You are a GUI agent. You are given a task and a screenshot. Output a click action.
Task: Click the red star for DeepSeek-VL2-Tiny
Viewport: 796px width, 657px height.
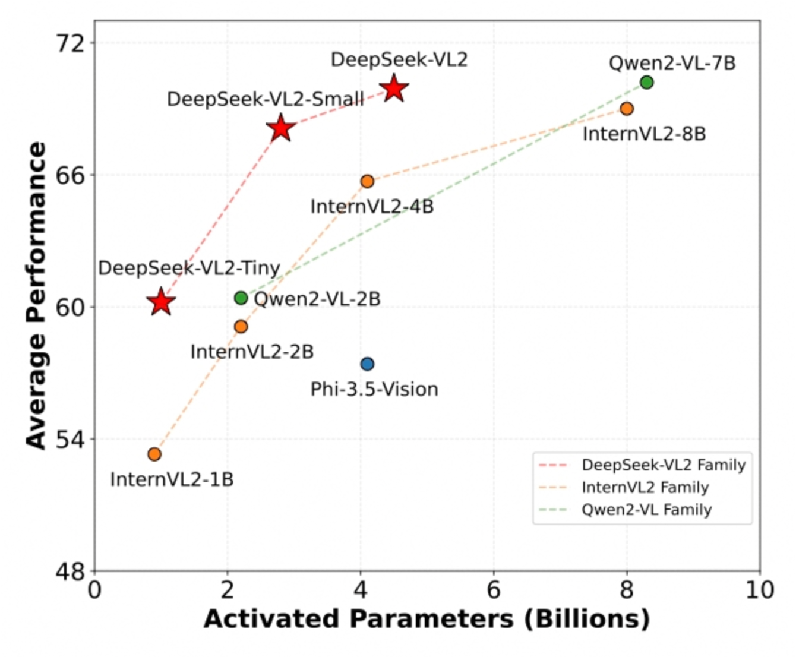point(160,302)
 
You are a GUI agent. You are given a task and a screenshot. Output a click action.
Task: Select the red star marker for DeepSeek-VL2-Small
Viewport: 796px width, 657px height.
point(281,128)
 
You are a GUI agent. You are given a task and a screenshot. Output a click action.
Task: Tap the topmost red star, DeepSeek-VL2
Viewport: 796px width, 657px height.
point(394,89)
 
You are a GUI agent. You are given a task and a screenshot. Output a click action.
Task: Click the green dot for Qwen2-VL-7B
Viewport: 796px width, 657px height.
point(647,82)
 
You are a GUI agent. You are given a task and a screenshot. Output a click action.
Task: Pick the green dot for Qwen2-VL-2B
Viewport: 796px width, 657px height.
point(241,298)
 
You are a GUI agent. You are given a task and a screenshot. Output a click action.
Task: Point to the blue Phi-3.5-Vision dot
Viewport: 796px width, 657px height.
point(367,364)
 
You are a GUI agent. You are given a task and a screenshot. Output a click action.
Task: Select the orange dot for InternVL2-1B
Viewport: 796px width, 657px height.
point(154,454)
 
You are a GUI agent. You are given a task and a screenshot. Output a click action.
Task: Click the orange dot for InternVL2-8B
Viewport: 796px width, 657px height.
point(627,108)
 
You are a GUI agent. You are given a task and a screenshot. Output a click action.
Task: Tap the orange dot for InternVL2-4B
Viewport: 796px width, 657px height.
point(367,181)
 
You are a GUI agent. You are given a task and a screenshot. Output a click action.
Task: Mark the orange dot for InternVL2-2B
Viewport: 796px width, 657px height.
point(241,326)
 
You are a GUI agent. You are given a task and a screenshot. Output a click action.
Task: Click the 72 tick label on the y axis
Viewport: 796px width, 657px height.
point(70,43)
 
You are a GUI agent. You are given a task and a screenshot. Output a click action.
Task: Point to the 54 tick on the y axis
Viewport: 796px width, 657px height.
point(70,440)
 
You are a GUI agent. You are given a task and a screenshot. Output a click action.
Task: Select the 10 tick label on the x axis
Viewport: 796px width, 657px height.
point(760,590)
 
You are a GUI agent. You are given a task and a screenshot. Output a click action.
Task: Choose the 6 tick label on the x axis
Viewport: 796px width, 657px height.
point(494,590)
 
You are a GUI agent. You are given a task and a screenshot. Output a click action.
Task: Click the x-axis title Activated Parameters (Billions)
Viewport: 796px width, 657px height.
point(427,619)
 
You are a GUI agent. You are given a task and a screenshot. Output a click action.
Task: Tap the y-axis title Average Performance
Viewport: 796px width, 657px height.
point(37,295)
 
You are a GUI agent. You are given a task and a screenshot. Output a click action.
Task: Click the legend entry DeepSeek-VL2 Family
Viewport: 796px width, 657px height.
point(663,465)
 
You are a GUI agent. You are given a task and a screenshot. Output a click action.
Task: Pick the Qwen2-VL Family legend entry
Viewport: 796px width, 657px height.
point(646,510)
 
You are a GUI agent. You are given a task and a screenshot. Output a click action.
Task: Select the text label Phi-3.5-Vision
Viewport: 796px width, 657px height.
point(374,389)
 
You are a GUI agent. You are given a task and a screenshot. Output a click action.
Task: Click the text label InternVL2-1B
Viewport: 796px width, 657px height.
point(172,479)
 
